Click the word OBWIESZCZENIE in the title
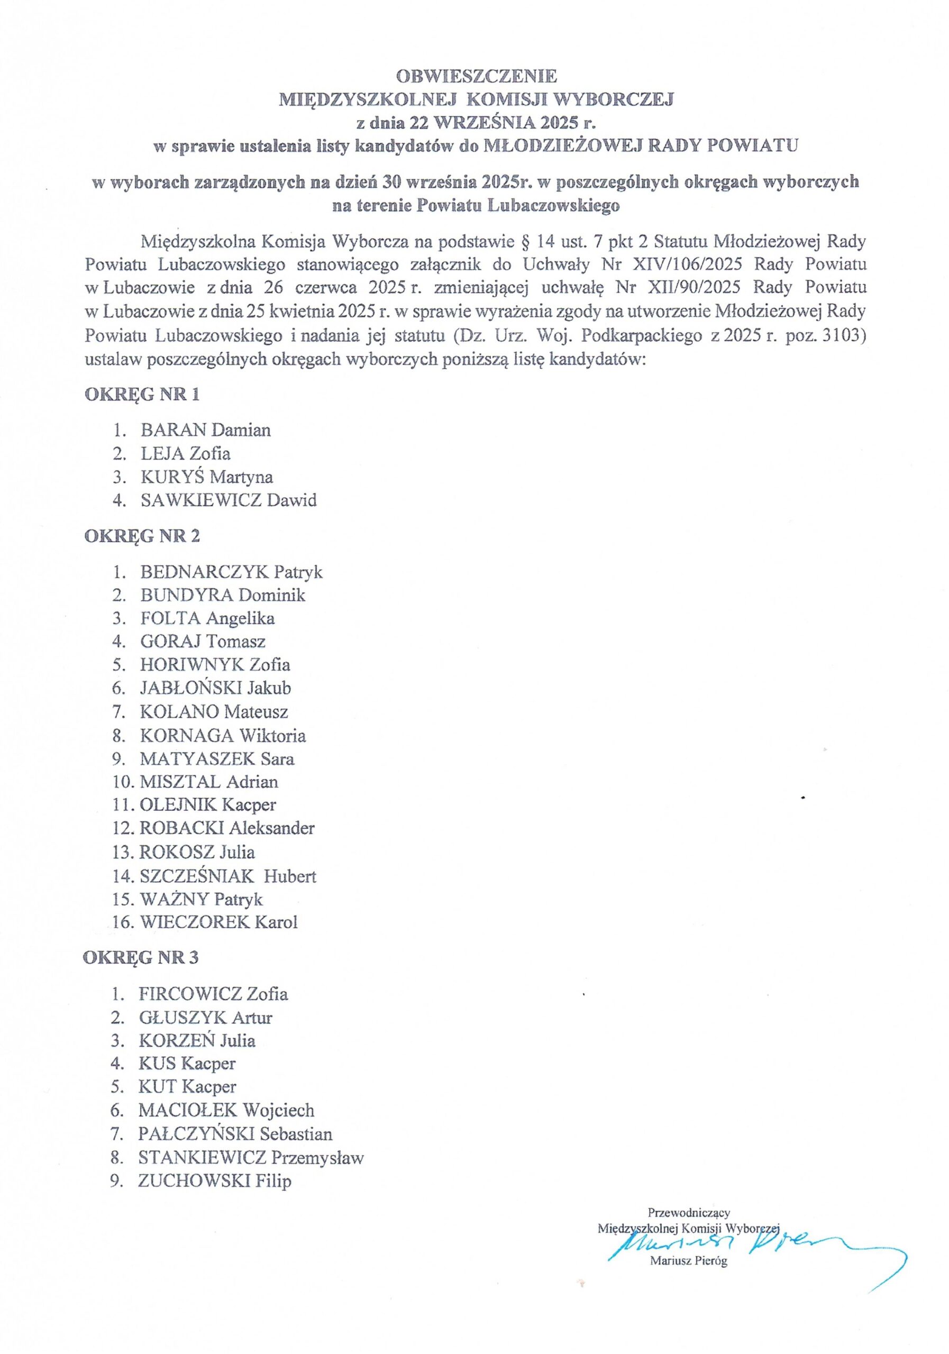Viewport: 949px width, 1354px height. click(476, 76)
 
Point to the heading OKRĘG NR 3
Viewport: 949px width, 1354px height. click(141, 957)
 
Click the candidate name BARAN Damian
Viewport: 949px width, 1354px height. click(205, 430)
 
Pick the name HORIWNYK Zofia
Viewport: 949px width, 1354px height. click(215, 665)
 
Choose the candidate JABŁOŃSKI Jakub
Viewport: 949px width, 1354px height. click(215, 688)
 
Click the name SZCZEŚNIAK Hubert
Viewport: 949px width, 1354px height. click(227, 876)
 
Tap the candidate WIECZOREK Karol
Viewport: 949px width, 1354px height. click(218, 922)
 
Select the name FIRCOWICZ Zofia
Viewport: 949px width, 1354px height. click(213, 994)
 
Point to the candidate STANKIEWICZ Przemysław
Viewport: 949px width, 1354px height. click(251, 1157)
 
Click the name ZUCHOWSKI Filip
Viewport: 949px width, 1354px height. click(215, 1181)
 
